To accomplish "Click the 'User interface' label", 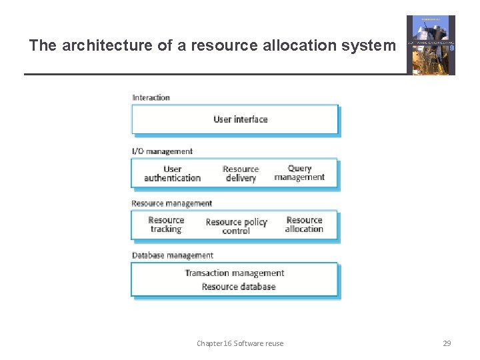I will [x=241, y=119].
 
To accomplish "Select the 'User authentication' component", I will [x=172, y=173].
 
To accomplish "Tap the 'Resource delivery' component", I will [x=241, y=174].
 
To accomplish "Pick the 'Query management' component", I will [x=299, y=173].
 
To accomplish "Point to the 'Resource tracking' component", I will [x=166, y=225].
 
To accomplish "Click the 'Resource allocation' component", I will [x=304, y=225].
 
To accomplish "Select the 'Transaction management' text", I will [x=235, y=273].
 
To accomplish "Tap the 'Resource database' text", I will [x=239, y=287].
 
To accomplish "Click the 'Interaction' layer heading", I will [x=151, y=97].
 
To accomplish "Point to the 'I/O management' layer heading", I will [x=162, y=151].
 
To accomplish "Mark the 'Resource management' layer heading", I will [x=172, y=203].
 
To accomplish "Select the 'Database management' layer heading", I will [x=173, y=255].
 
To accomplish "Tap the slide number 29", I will [x=447, y=343].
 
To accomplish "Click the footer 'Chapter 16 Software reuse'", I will [x=240, y=343].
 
